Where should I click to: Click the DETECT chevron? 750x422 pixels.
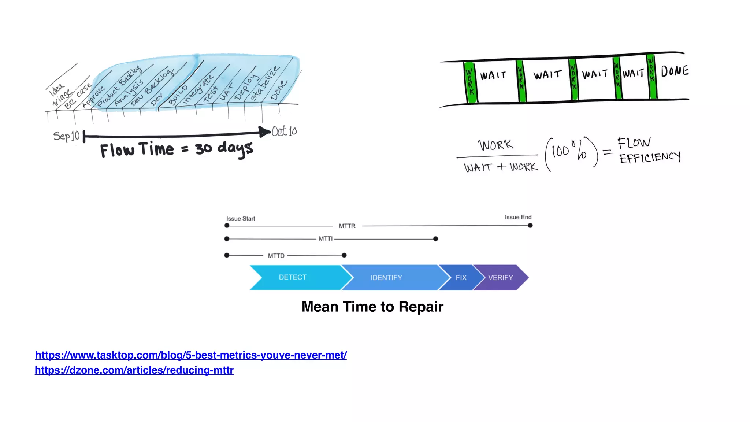click(x=293, y=277)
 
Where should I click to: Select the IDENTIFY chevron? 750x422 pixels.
click(x=386, y=278)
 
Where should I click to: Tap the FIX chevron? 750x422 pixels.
click(x=461, y=278)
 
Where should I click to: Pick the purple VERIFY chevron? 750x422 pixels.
click(x=501, y=278)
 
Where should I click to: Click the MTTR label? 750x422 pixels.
click(x=347, y=226)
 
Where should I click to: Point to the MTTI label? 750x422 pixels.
click(x=326, y=239)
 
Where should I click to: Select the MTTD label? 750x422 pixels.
click(x=276, y=256)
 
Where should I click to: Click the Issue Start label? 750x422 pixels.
click(x=241, y=219)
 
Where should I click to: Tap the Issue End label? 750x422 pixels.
click(x=518, y=217)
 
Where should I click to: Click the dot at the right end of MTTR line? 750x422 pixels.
click(x=530, y=226)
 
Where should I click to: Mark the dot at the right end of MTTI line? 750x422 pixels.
click(x=435, y=239)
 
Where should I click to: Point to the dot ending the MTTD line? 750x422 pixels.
click(x=344, y=255)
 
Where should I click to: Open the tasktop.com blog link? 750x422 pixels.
click(x=191, y=355)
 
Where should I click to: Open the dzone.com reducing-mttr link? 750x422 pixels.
click(x=134, y=370)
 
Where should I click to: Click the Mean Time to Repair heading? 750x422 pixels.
click(x=372, y=307)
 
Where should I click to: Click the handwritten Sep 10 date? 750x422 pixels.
click(x=66, y=136)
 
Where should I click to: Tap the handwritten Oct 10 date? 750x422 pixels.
click(x=285, y=131)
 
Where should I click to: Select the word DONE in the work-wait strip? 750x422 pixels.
click(x=675, y=71)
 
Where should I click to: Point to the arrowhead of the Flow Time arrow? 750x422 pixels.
click(x=264, y=132)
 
